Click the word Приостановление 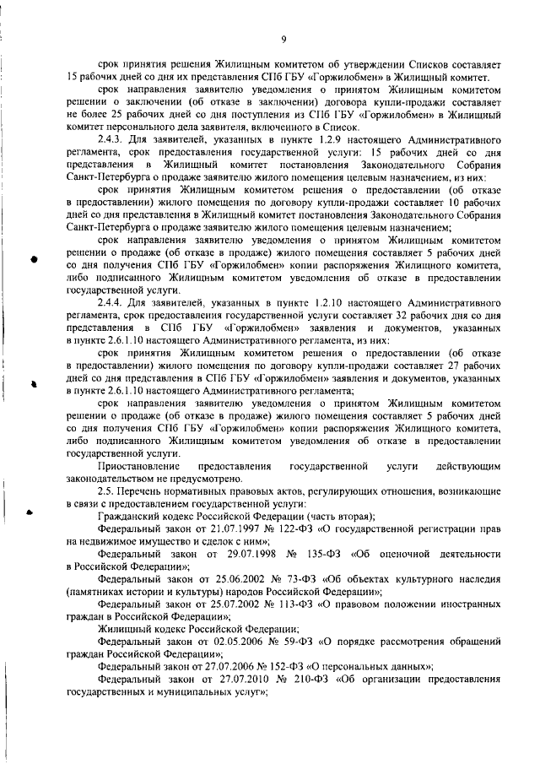(x=138, y=467)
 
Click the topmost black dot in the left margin (x=35, y=237)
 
